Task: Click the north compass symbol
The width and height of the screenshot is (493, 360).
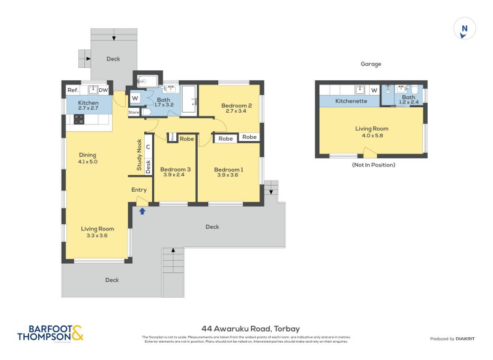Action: pyautogui.click(x=465, y=29)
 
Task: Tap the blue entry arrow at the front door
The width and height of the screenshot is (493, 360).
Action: pyautogui.click(x=142, y=211)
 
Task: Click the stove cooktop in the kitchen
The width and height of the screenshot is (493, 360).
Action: pyautogui.click(x=79, y=120)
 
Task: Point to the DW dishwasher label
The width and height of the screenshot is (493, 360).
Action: pyautogui.click(x=103, y=91)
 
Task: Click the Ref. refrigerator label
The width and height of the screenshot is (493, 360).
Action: pyautogui.click(x=73, y=91)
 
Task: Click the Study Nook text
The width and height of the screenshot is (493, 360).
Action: pyautogui.click(x=139, y=154)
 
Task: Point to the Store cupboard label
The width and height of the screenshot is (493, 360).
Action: pyautogui.click(x=134, y=113)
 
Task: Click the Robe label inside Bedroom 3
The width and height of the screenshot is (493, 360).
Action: pyautogui.click(x=187, y=139)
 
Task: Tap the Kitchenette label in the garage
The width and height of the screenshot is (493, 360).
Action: pyautogui.click(x=351, y=100)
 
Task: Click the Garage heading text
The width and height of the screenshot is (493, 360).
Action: pyautogui.click(x=371, y=63)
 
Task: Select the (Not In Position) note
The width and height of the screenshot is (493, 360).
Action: pyautogui.click(x=373, y=165)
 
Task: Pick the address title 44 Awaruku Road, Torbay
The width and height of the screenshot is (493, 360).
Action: pyautogui.click(x=250, y=329)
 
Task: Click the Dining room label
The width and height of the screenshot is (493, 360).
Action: pyautogui.click(x=88, y=158)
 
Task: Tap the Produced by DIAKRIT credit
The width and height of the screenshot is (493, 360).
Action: pyautogui.click(x=451, y=339)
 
